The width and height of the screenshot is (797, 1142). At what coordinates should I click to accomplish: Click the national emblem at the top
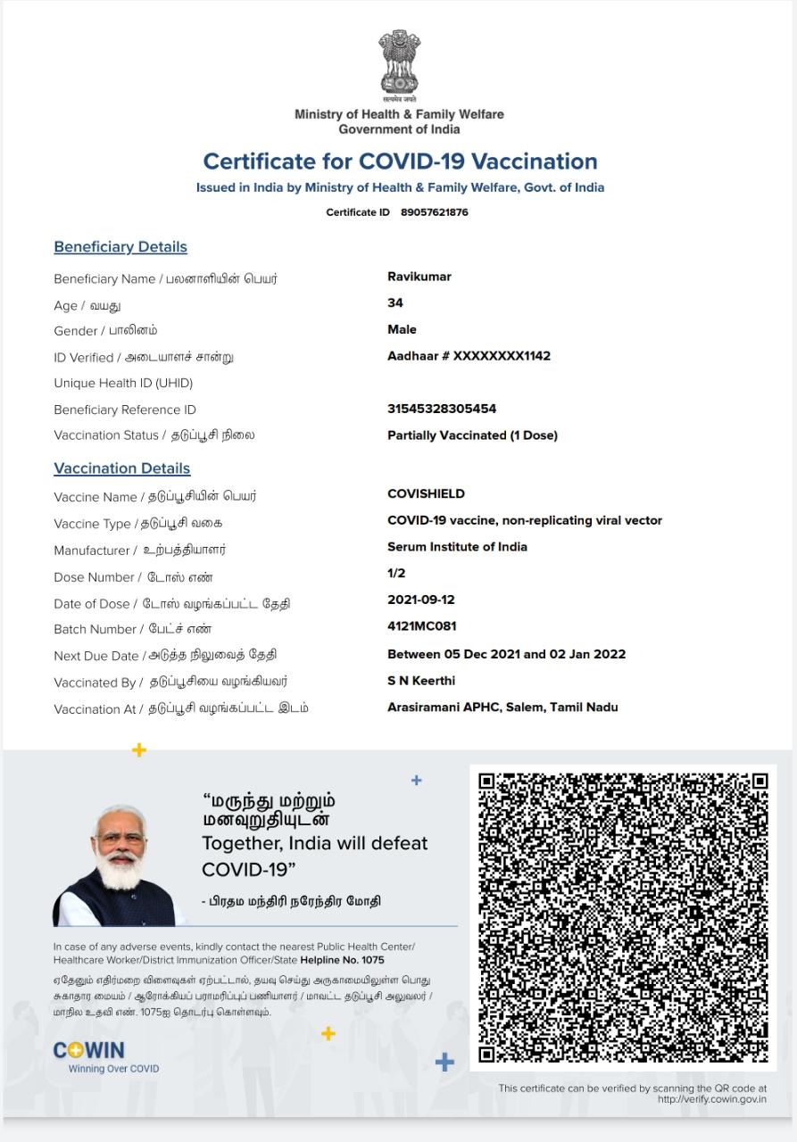pos(399,63)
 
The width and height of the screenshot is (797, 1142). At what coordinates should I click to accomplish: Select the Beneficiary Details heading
pos(120,247)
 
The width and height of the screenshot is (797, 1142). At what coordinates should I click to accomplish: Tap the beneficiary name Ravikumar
pos(419,277)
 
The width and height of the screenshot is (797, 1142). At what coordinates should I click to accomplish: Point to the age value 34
pos(395,303)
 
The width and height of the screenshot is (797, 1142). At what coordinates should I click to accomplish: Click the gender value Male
pos(402,329)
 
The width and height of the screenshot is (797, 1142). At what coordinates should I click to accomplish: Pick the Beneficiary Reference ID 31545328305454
pos(442,409)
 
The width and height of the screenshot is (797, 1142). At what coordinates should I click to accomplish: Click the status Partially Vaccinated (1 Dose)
pos(472,435)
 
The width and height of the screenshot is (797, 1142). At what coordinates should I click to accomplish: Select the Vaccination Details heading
pos(122,468)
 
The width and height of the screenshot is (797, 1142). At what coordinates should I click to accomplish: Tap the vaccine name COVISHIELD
pos(426,493)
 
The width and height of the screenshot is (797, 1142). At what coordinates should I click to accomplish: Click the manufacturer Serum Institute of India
pos(457,547)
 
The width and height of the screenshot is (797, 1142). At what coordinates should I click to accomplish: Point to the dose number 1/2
pos(396,573)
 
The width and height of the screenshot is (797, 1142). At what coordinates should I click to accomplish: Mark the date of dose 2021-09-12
pos(421,600)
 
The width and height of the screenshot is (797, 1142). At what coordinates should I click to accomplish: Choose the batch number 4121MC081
pos(422,626)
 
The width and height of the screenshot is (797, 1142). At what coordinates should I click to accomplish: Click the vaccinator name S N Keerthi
pos(421,681)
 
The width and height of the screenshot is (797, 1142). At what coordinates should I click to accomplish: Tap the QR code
pos(623,917)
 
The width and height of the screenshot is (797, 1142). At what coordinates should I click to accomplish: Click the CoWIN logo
pos(89,1051)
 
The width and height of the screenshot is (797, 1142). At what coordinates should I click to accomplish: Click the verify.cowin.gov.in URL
pos(711,1099)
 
